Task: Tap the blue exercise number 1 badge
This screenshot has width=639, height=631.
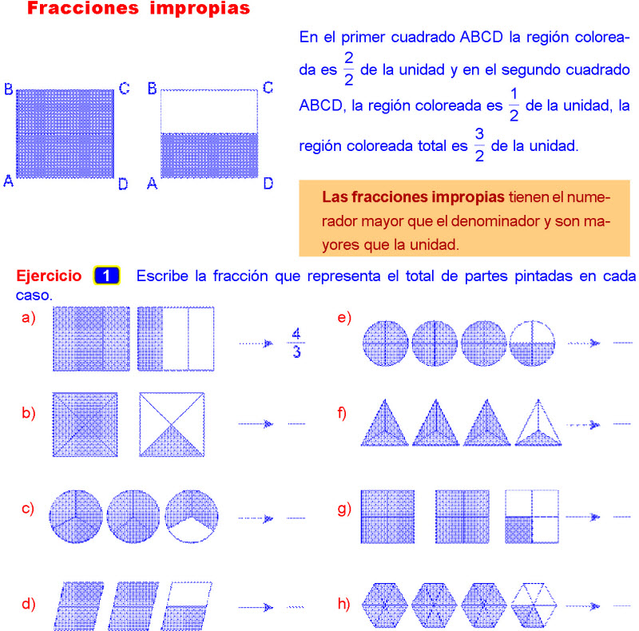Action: pyautogui.click(x=106, y=276)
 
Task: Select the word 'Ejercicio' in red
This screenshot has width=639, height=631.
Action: pyautogui.click(x=49, y=276)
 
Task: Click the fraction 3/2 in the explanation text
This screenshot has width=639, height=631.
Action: pyautogui.click(x=479, y=145)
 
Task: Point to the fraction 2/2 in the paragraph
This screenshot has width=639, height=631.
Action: pyautogui.click(x=348, y=69)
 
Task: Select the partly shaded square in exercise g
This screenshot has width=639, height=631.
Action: pyautogui.click(x=532, y=517)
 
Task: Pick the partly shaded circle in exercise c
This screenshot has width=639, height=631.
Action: pyautogui.click(x=191, y=517)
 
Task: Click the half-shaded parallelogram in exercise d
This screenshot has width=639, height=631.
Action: pyautogui.click(x=190, y=605)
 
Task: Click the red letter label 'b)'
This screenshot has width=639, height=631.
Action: pyautogui.click(x=29, y=413)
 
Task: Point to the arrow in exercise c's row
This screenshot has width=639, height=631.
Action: pyautogui.click(x=257, y=518)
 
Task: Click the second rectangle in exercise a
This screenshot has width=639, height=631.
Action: pyautogui.click(x=176, y=339)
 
